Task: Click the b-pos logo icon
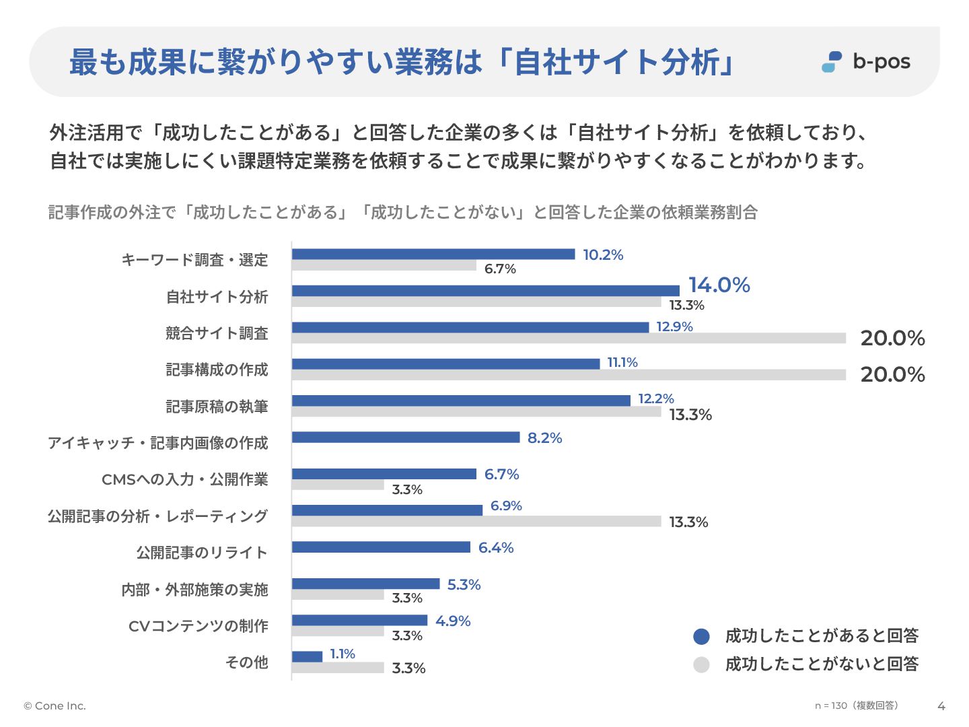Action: [x=832, y=62]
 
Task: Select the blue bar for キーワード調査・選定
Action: [x=433, y=254]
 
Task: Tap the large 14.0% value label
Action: [x=719, y=285]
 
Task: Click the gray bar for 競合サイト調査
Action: [x=569, y=338]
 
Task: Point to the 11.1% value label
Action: [x=622, y=363]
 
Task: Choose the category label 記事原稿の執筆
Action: [x=217, y=407]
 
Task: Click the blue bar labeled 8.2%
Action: [x=406, y=438]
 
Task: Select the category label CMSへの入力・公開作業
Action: [x=184, y=479]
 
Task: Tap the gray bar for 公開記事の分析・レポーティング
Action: [x=476, y=522]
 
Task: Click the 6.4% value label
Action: [x=496, y=548]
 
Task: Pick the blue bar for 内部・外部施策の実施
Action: [x=365, y=584]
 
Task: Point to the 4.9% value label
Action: [x=453, y=621]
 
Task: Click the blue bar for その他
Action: [x=307, y=656]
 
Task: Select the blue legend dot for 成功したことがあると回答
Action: [x=701, y=636]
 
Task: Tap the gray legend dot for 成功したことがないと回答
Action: [x=701, y=665]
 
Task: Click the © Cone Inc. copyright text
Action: [x=55, y=706]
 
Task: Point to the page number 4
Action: [x=941, y=706]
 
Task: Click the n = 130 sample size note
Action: [x=856, y=705]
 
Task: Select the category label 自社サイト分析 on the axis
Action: [x=217, y=297]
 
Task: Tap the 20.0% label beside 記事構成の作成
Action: [x=892, y=374]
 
